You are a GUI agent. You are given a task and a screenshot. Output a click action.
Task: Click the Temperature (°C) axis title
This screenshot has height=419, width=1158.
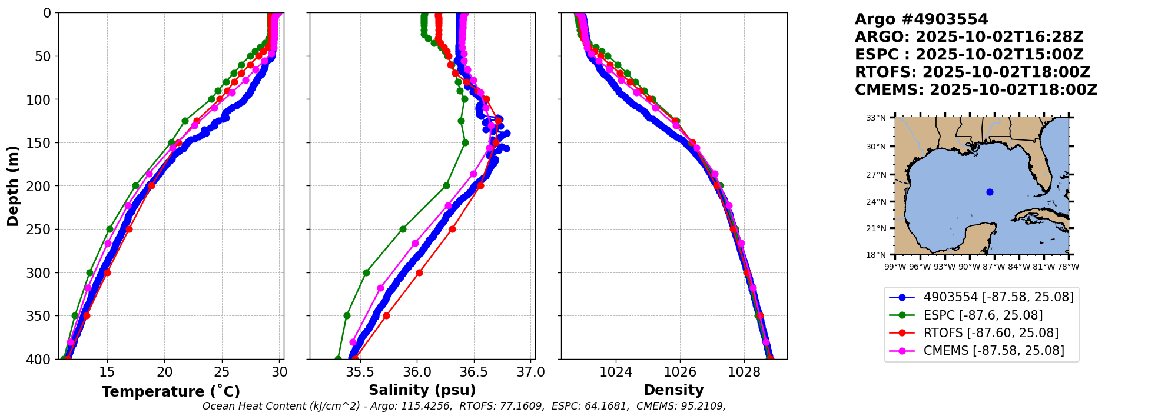point(171,392)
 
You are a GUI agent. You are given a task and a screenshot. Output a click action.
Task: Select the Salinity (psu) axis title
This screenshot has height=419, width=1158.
point(422,390)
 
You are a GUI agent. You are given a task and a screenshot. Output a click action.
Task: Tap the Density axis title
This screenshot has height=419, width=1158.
point(673,390)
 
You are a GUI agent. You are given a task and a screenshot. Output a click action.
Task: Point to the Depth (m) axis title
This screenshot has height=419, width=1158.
point(13,186)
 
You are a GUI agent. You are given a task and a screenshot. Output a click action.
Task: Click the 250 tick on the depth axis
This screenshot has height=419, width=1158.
point(42,230)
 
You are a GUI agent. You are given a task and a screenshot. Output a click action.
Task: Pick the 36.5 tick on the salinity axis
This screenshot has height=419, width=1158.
point(474,373)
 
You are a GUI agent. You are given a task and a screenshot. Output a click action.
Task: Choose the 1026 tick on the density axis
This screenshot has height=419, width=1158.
point(680,373)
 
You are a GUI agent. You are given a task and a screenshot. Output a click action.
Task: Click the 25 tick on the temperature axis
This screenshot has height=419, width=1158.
point(222,373)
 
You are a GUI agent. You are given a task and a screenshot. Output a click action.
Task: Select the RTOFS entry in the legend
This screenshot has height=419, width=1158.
point(991,333)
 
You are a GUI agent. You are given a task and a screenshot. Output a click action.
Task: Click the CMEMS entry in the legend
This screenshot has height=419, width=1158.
point(994,351)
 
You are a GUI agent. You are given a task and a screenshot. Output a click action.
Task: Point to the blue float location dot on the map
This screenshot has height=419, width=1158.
point(990,192)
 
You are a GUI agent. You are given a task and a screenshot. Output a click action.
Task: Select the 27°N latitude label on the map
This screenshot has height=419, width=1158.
point(876,175)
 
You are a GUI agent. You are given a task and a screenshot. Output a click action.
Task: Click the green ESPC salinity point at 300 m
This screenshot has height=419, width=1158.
point(366,272)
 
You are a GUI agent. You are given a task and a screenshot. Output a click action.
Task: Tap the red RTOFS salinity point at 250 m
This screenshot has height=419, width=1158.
point(452,229)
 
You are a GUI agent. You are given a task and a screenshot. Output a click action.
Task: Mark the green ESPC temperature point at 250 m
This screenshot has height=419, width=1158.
point(110,229)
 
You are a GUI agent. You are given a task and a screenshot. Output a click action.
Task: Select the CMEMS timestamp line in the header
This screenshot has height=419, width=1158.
point(976,90)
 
